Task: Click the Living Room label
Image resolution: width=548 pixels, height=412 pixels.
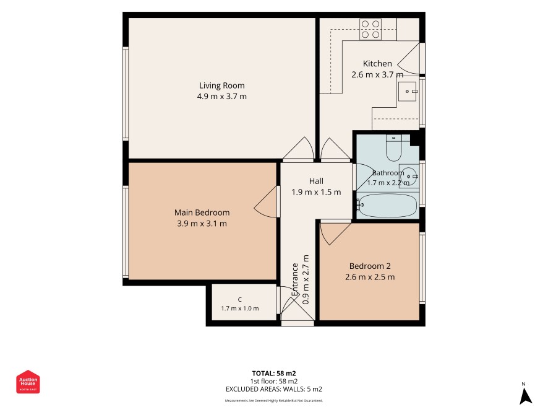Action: (x=222, y=85)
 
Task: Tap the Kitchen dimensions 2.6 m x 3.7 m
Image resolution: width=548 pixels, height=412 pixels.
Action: (x=377, y=74)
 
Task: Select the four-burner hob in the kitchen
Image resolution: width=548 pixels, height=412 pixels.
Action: (x=370, y=29)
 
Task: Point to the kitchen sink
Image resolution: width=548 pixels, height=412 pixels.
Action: (x=407, y=91)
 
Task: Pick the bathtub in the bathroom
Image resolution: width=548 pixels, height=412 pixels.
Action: (x=387, y=206)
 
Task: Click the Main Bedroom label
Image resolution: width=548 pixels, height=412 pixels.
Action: (x=202, y=213)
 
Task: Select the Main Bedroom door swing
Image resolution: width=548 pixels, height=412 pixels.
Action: (x=266, y=202)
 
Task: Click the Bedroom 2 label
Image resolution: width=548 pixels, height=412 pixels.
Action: (x=370, y=266)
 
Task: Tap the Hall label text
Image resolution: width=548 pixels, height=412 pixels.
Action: (x=316, y=181)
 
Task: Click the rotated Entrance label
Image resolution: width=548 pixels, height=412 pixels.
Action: (x=295, y=279)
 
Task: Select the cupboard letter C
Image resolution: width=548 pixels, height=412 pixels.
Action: (x=240, y=300)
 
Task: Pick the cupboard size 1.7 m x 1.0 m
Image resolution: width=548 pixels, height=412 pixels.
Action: (x=240, y=309)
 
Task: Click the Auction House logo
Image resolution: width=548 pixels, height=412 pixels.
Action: (x=28, y=382)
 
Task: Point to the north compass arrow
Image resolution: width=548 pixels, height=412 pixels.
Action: (x=525, y=396)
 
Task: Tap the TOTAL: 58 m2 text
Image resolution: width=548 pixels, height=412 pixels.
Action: (x=274, y=374)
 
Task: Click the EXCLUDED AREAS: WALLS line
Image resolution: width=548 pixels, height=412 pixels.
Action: (x=274, y=389)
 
